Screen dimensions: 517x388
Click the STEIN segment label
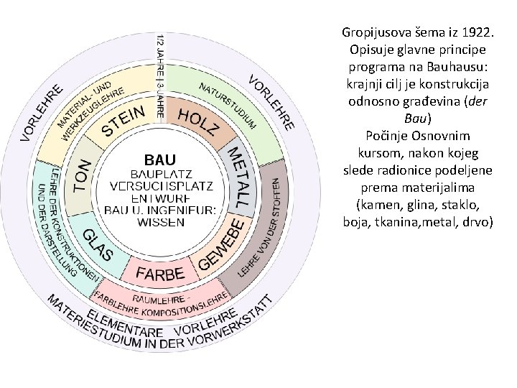[x=126, y=121]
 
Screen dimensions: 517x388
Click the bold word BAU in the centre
[x=159, y=158]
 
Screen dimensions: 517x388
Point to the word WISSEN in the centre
[x=161, y=222]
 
